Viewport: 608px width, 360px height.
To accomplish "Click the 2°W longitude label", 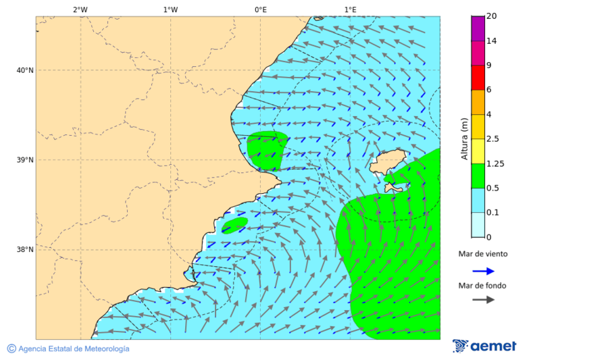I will (x=80, y=9).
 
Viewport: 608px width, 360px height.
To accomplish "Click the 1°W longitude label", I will (x=170, y=9).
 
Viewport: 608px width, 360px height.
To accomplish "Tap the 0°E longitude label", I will (x=260, y=9).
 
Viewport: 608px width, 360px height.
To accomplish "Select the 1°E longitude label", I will (x=350, y=9).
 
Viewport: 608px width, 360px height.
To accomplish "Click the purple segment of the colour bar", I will (x=478, y=29).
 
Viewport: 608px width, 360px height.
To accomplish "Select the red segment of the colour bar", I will (x=478, y=78).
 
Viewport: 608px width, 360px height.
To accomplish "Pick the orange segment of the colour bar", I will (x=478, y=102).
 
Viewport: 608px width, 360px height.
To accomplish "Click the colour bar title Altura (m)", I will (x=464, y=138).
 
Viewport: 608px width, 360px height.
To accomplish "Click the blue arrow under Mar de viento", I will (x=483, y=271).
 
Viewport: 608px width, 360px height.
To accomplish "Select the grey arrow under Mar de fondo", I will (x=483, y=301).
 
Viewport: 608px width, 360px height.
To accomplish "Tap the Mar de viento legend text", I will (x=482, y=254).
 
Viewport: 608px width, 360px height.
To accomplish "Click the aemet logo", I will (x=484, y=346).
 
